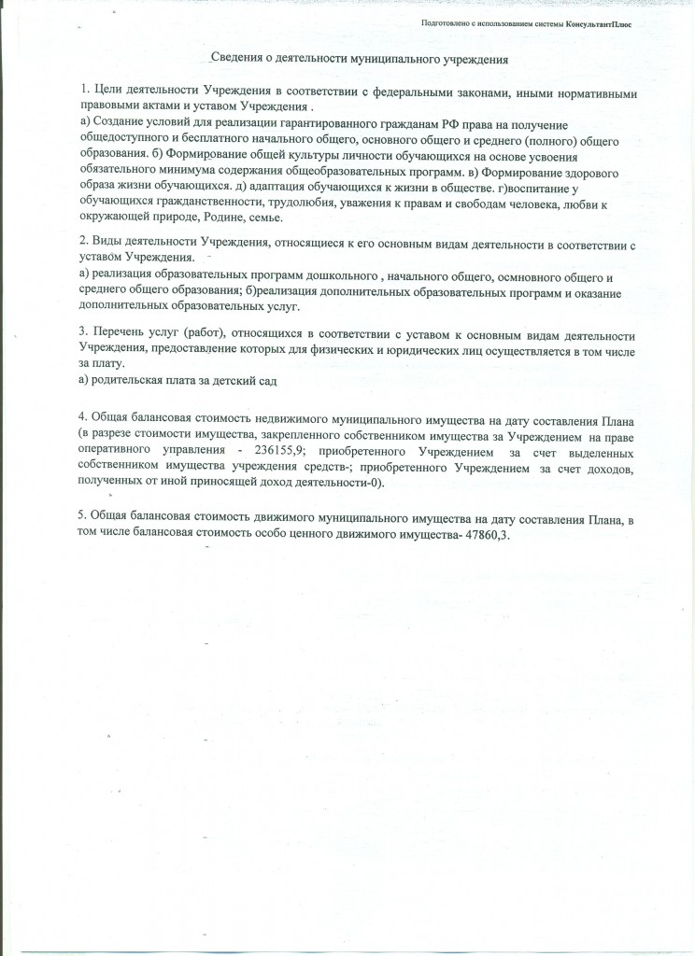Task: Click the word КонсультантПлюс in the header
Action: pos(596,24)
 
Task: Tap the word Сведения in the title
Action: pos(236,58)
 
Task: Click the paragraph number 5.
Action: pos(82,516)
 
